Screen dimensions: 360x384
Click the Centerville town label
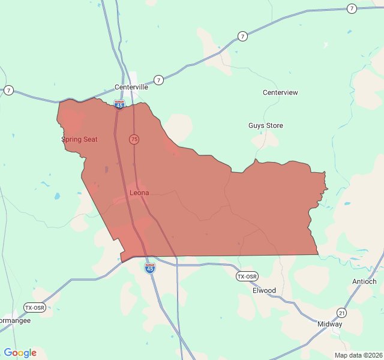(x=131, y=87)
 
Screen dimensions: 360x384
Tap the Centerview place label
(x=280, y=92)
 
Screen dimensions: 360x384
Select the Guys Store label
(x=266, y=125)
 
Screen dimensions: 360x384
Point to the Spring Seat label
(x=79, y=139)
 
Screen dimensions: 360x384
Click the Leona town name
(x=139, y=193)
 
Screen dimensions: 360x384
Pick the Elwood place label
(x=264, y=290)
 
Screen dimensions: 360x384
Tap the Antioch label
(x=364, y=281)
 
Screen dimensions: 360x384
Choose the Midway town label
(x=329, y=324)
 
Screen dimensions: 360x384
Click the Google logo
(x=20, y=353)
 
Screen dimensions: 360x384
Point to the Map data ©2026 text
(x=358, y=355)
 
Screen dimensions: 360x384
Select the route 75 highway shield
(x=134, y=139)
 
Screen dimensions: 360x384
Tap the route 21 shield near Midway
(x=341, y=313)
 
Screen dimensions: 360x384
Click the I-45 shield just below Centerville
(x=119, y=105)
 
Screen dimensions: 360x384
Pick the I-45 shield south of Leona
(x=150, y=268)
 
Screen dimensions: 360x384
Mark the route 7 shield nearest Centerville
(x=158, y=80)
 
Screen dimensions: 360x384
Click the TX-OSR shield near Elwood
(x=247, y=277)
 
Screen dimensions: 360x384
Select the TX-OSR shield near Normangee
(x=34, y=307)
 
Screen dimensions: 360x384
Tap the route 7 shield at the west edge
(x=8, y=90)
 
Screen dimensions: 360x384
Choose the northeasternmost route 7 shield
(x=352, y=8)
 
